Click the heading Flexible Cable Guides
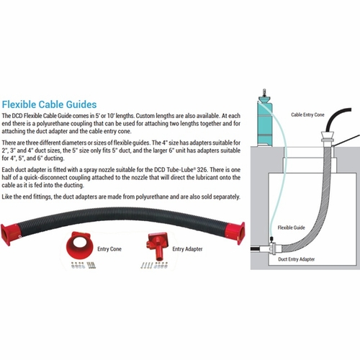tap(49, 104)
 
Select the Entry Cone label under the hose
tap(109, 249)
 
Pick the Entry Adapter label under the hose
tap(187, 249)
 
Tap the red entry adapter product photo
tap(158, 246)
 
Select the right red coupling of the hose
tap(236, 233)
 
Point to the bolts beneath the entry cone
tap(84, 265)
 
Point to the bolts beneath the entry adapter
tap(153, 265)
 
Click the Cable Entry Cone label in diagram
tap(307, 114)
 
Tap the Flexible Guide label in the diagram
tap(292, 228)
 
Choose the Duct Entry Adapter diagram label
tap(297, 259)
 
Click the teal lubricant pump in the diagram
tap(264, 120)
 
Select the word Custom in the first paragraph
tap(145, 116)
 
